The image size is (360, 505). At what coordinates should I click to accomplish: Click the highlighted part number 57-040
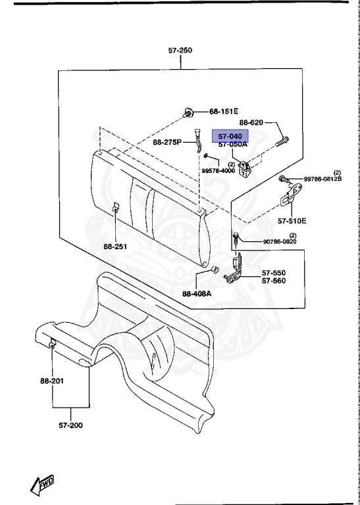[230, 136]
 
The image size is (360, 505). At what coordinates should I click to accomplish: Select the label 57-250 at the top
[180, 50]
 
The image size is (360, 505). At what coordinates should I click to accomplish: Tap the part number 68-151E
[224, 111]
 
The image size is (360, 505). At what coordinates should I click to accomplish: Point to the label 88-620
[251, 122]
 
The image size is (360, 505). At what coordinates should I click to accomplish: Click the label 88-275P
[167, 142]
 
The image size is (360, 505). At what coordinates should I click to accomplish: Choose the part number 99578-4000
[219, 171]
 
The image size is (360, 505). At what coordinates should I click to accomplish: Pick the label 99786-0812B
[322, 179]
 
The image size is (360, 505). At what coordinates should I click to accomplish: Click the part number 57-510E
[292, 221]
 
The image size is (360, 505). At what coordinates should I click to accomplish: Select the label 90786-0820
[280, 241]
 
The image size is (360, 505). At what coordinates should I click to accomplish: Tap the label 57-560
[273, 281]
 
